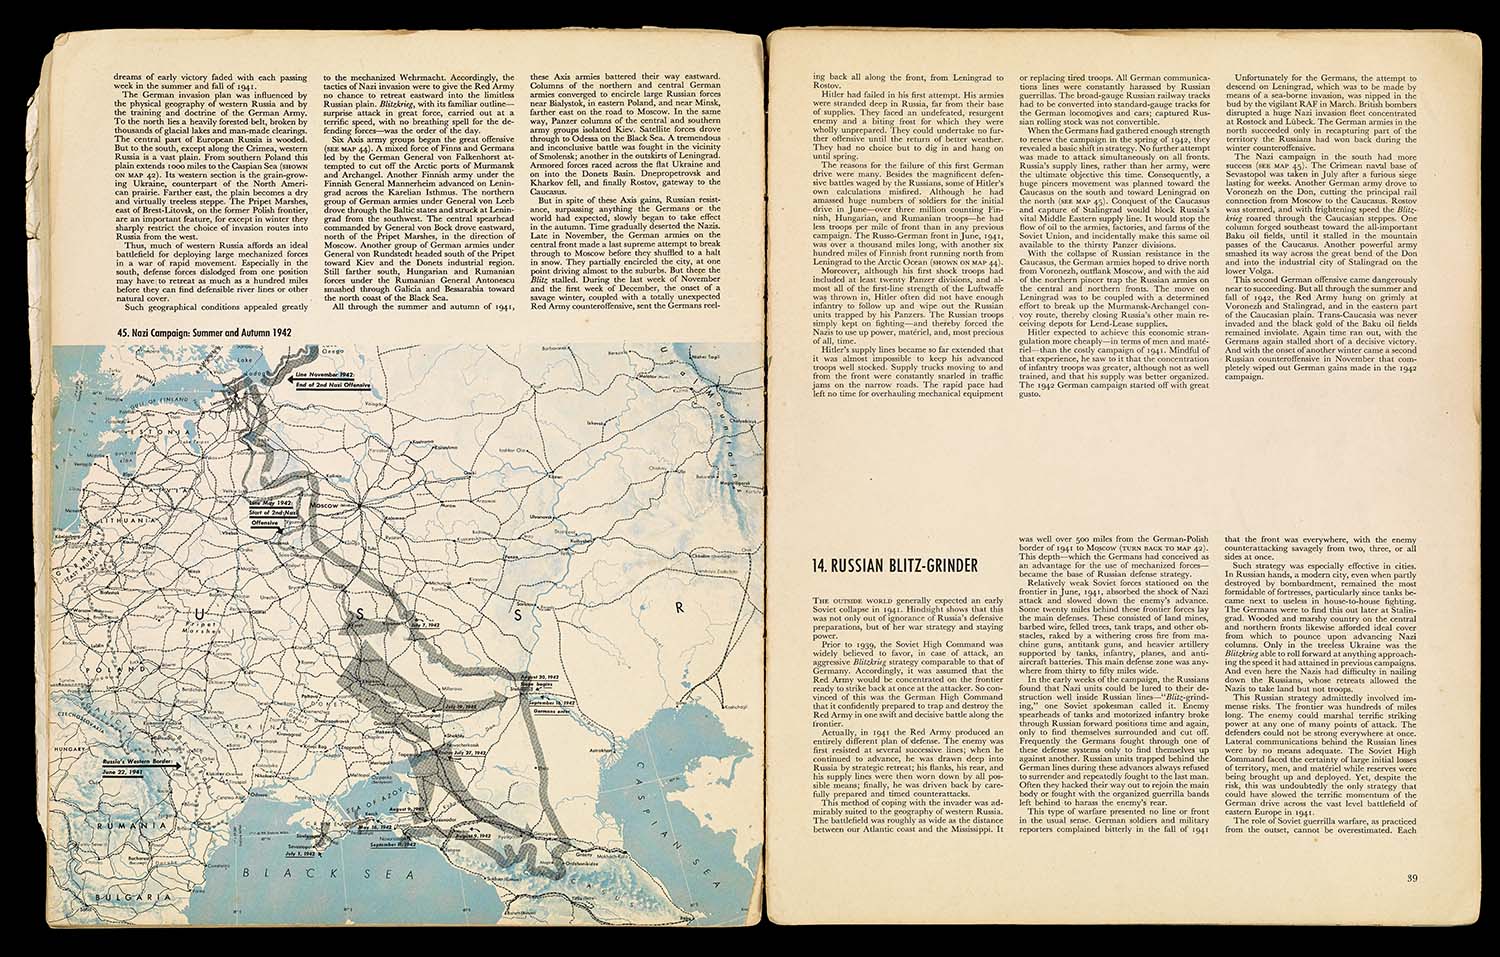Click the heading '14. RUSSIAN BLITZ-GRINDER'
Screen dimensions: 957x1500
point(894,566)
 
